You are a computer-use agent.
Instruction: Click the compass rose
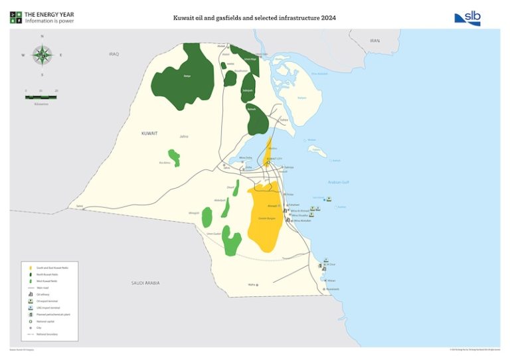pyautogui.click(x=42, y=55)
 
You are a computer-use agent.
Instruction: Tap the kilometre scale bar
pyautogui.click(x=41, y=97)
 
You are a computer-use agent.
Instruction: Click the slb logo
pyautogui.click(x=467, y=19)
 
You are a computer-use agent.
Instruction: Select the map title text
pyautogui.click(x=254, y=18)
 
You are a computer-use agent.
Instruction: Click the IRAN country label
pyautogui.click(x=375, y=41)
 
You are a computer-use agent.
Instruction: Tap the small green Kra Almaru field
pyautogui.click(x=173, y=157)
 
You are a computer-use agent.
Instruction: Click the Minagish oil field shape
pyautogui.click(x=207, y=217)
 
